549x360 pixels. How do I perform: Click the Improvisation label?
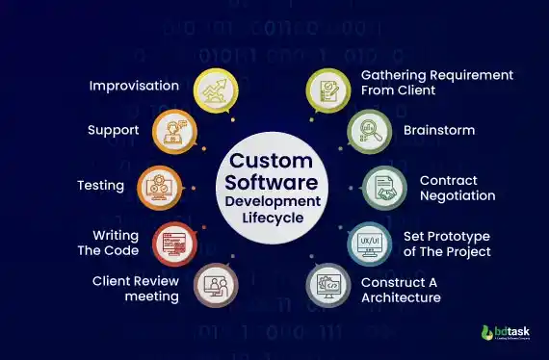pyautogui.click(x=134, y=86)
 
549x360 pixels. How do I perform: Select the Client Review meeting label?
pyautogui.click(x=136, y=289)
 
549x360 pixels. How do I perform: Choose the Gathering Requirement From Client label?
pyautogui.click(x=436, y=83)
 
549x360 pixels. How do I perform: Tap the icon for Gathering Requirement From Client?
pyautogui.click(x=327, y=89)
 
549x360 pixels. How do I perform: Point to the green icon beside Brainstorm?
pyautogui.click(x=367, y=131)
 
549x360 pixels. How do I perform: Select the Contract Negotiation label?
pyautogui.click(x=457, y=188)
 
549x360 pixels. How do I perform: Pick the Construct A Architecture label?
pyautogui.click(x=401, y=290)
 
